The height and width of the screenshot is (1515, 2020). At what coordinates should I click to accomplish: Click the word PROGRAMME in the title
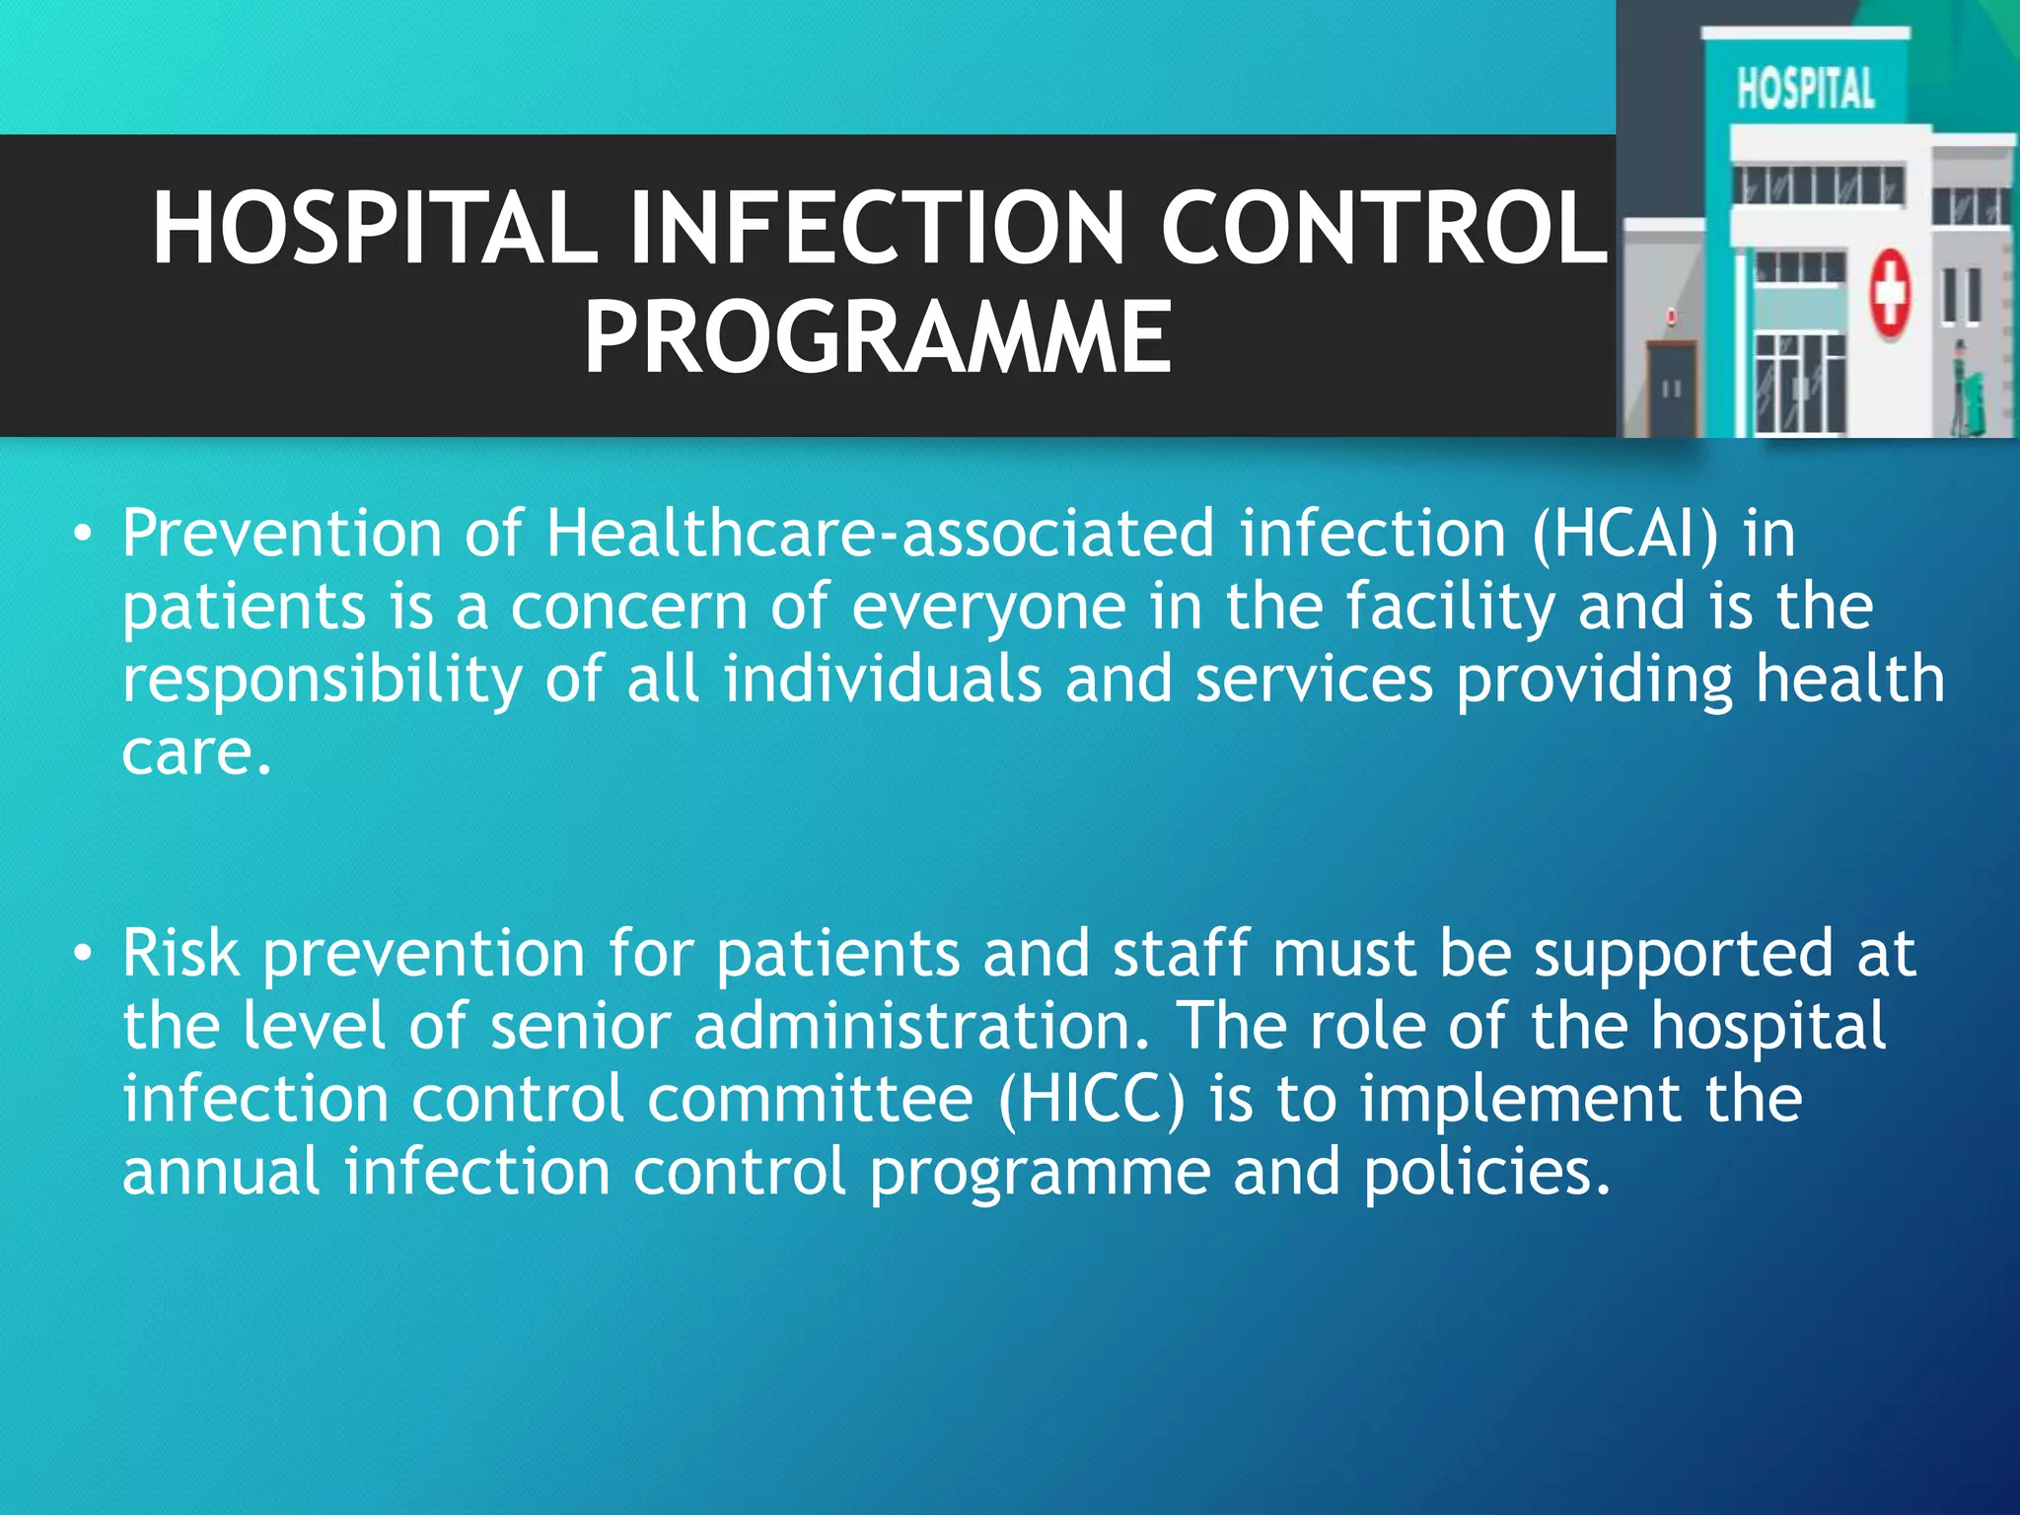click(877, 337)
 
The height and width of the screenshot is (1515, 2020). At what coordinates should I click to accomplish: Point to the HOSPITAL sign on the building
click(1805, 89)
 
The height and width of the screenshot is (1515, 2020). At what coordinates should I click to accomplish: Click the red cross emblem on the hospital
click(1890, 293)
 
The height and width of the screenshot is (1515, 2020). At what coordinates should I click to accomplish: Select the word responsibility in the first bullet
click(322, 681)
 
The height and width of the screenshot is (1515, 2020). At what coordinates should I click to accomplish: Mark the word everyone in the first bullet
click(988, 607)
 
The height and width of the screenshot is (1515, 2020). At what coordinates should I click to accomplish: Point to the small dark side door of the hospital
click(1671, 390)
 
